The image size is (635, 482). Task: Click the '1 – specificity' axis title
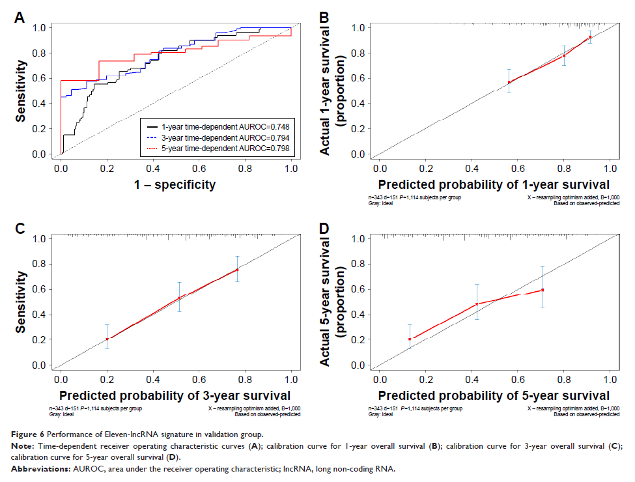(x=175, y=185)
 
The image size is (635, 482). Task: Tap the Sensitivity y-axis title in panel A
(x=22, y=92)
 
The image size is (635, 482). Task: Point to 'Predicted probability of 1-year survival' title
(x=494, y=185)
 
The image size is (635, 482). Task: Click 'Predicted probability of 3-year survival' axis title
(x=175, y=395)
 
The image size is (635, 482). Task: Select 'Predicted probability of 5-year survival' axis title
(x=494, y=395)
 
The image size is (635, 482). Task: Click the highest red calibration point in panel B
(x=590, y=37)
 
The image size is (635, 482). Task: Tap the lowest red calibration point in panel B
(x=509, y=82)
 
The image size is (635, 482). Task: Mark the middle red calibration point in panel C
(x=179, y=298)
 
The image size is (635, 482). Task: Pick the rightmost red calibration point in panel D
(x=543, y=290)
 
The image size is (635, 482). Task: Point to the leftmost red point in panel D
(x=410, y=339)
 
